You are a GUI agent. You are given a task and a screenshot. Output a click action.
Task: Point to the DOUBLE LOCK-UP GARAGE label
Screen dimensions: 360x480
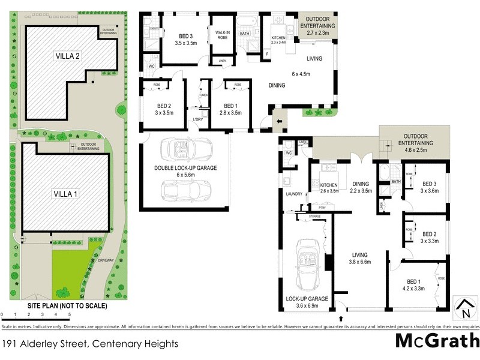click(x=185, y=172)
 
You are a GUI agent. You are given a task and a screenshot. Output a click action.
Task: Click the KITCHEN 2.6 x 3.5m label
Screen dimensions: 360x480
click(x=330, y=188)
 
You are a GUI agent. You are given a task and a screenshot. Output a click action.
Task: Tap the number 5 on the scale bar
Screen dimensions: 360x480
click(x=69, y=314)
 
